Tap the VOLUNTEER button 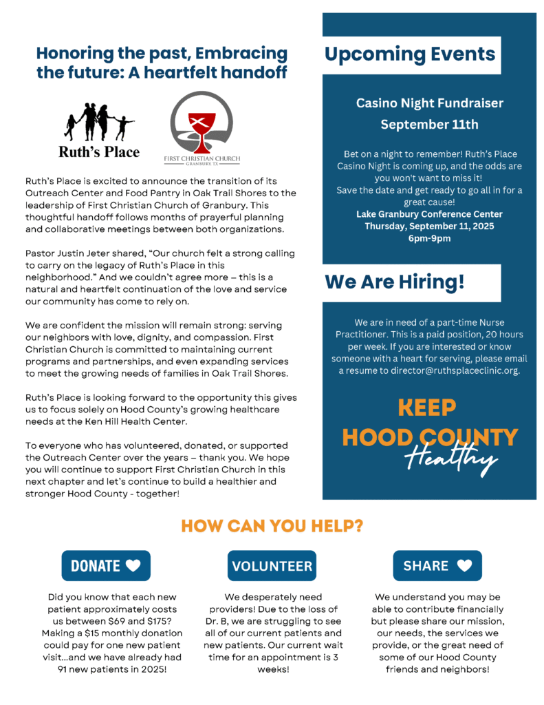pyautogui.click(x=272, y=566)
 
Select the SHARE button pyautogui.click(x=437, y=565)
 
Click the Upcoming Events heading pyautogui.click(x=410, y=54)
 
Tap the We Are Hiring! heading pyautogui.click(x=395, y=282)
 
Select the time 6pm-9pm pyautogui.click(x=429, y=238)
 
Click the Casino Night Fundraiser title pyautogui.click(x=429, y=103)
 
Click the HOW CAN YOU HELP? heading pyautogui.click(x=272, y=525)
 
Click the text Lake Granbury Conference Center pyautogui.click(x=429, y=214)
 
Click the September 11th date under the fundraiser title pyautogui.click(x=429, y=125)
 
